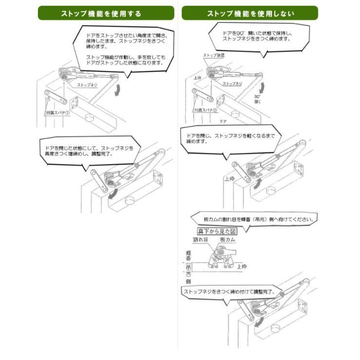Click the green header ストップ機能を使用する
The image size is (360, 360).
coord(106,13)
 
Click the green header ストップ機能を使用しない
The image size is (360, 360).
coord(250,13)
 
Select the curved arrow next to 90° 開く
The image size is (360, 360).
coord(263,86)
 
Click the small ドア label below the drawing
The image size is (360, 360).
coord(223,121)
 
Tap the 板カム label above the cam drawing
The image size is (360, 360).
coord(227,240)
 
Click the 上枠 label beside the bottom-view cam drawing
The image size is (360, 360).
coord(241,266)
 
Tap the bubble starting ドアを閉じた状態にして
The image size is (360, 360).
coord(87,150)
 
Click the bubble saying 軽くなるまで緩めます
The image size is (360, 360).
coord(228,139)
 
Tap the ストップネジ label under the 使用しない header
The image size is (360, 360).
coord(232,84)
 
